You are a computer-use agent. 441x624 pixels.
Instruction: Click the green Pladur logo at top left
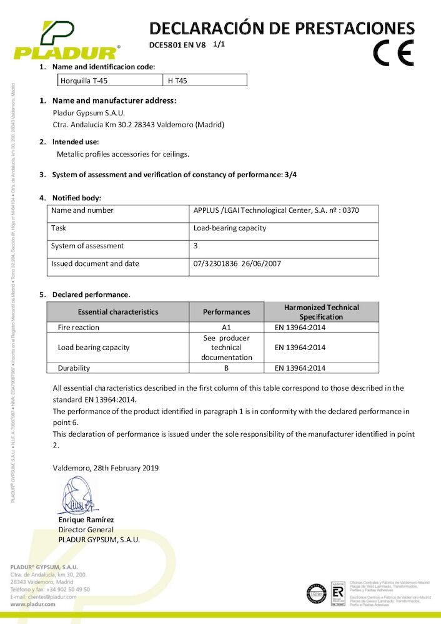66,41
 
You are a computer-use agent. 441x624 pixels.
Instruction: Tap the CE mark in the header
393,53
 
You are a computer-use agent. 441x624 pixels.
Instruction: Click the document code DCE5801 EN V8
177,45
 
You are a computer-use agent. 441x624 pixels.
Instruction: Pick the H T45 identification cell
179,80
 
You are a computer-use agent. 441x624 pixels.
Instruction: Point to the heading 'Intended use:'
76,142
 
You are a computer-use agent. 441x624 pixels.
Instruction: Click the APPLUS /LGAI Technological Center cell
276,210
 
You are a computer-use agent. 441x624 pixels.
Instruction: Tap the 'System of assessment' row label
87,246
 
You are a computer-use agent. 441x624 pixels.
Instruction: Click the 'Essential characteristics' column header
118,311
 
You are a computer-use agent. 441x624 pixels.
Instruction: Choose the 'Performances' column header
227,311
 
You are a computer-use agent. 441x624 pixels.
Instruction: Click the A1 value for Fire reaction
227,327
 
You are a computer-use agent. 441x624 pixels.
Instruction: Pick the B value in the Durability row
227,368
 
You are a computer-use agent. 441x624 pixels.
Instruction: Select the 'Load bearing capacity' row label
94,348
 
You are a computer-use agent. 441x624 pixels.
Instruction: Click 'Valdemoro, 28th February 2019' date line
106,467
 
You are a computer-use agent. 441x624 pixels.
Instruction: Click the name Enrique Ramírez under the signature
86,520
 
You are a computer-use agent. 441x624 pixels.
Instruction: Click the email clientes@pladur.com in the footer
53,597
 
